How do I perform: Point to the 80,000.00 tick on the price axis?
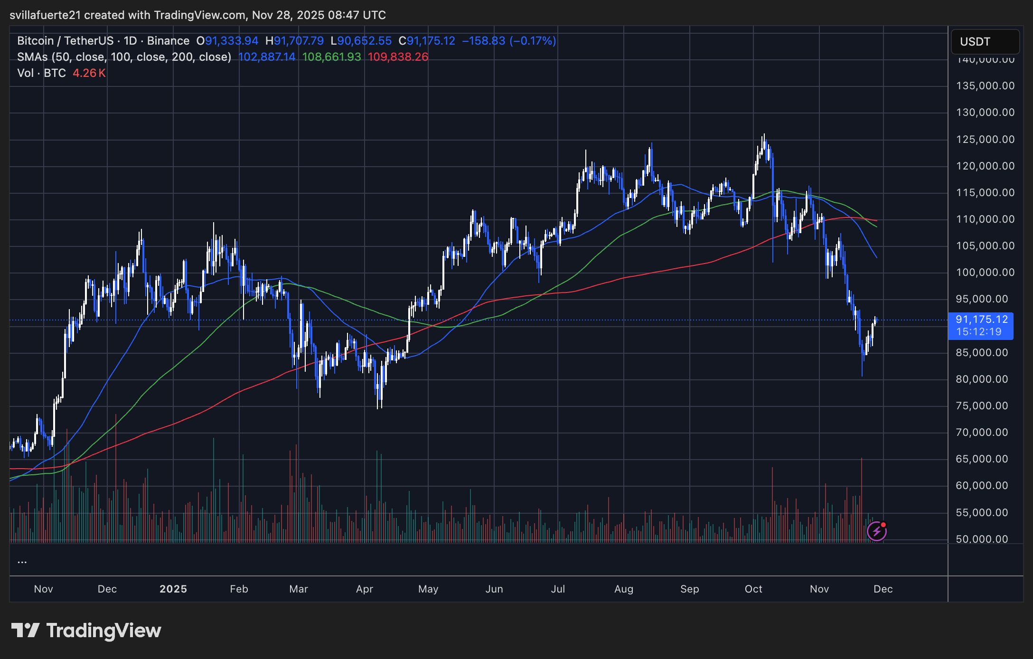click(982, 379)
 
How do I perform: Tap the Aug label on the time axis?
click(623, 589)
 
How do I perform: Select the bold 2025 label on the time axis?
click(173, 589)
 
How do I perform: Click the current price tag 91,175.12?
click(981, 320)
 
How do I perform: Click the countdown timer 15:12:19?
click(978, 332)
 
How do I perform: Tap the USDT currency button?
click(985, 42)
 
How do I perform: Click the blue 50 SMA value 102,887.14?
click(266, 57)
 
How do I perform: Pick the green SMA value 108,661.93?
click(331, 57)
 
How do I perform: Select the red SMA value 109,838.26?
click(398, 57)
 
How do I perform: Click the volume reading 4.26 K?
click(89, 73)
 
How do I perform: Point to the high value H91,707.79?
click(294, 41)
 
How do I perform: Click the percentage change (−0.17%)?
click(532, 41)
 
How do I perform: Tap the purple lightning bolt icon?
click(876, 531)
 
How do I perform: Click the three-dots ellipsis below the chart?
click(22, 561)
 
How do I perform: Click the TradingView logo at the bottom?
click(86, 631)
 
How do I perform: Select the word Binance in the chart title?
click(168, 41)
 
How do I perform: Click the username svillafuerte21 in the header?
click(45, 15)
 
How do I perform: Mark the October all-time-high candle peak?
click(763, 135)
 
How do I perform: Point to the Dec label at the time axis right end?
click(883, 589)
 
